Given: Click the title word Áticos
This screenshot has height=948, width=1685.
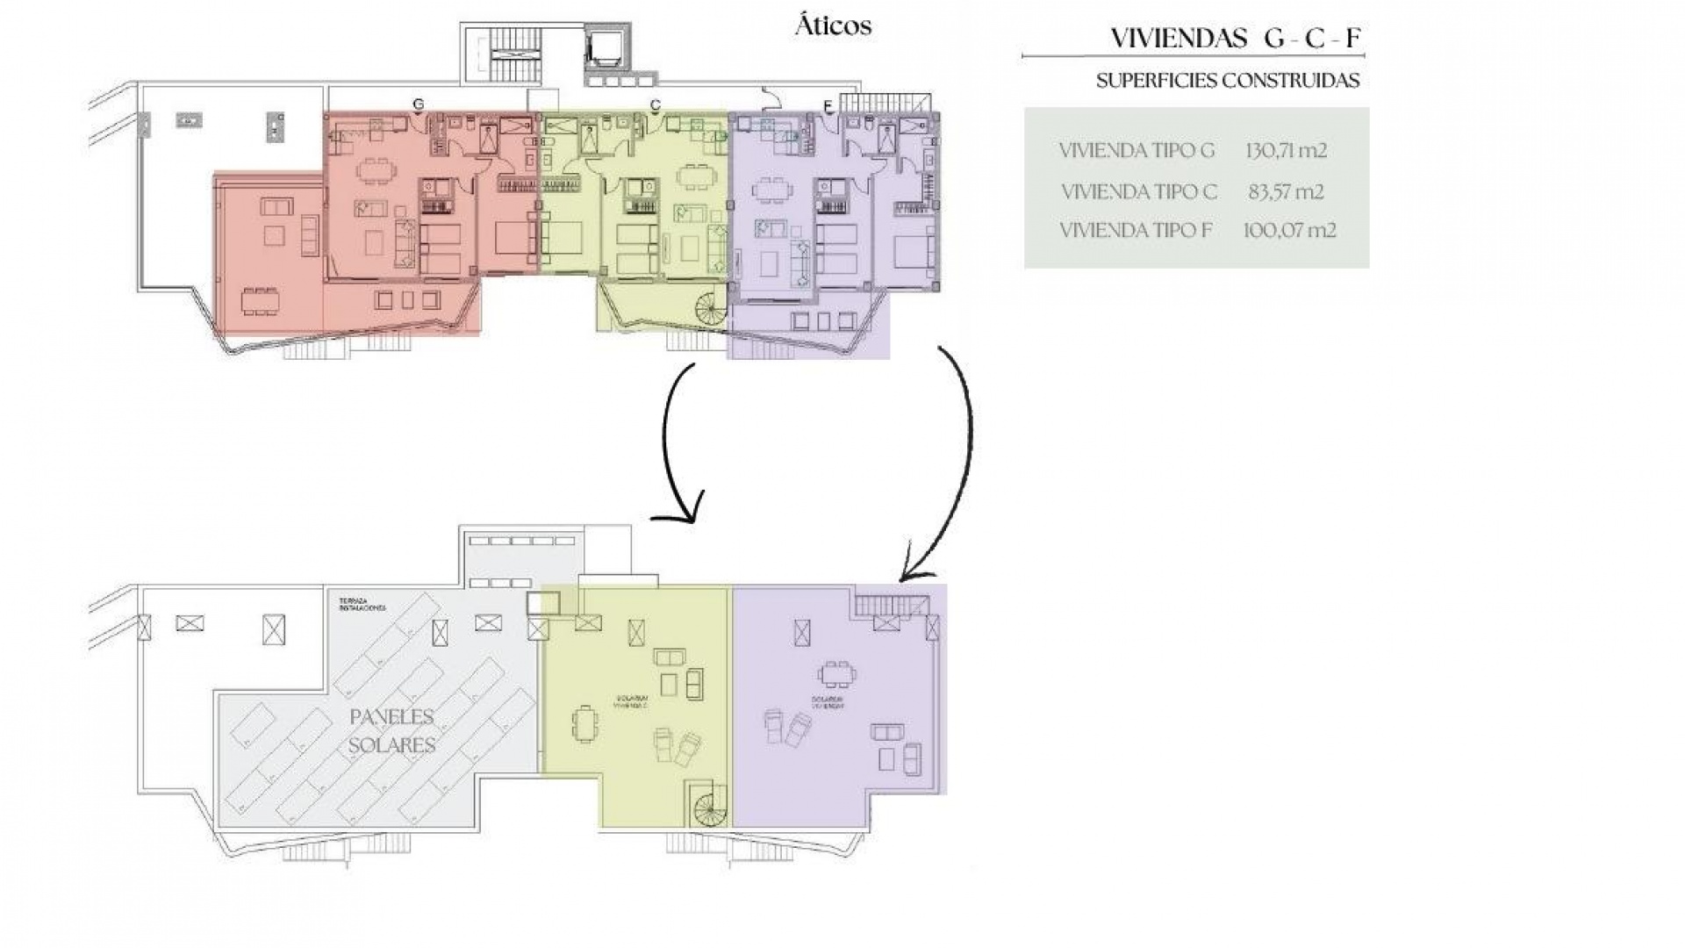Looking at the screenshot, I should [x=833, y=26].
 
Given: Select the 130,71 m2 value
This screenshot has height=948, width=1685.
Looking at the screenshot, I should [x=1286, y=150].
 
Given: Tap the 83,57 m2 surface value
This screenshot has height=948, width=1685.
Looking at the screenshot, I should [x=1286, y=191].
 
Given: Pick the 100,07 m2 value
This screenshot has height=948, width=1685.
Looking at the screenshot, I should [x=1289, y=231].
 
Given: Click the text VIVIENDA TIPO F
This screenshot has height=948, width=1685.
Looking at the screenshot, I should [x=1136, y=231].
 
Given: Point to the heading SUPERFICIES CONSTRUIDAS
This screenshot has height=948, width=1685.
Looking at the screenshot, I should [x=1228, y=81].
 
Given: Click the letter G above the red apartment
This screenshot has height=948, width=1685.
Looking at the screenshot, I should [x=419, y=104].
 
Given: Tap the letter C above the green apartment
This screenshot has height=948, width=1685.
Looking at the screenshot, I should [x=655, y=104].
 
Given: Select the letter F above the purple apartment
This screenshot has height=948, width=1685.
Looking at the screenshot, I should [x=828, y=106].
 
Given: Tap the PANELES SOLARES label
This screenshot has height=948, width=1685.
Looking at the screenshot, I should [x=392, y=731].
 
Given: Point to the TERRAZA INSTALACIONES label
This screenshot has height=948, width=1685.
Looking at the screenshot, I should [x=362, y=606].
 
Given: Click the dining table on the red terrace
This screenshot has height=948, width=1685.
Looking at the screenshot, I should [x=261, y=302].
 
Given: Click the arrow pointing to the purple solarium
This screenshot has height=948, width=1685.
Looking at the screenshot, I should [x=957, y=456].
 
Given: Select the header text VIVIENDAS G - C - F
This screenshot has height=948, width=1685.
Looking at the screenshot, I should [x=1236, y=39].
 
